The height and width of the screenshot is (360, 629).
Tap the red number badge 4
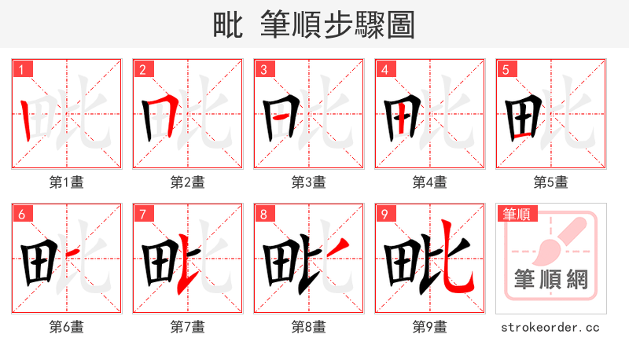(x=384, y=69)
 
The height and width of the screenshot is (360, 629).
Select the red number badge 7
(x=142, y=214)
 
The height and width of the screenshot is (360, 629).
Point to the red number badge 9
(x=384, y=214)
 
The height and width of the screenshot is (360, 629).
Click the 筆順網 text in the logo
(x=551, y=281)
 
